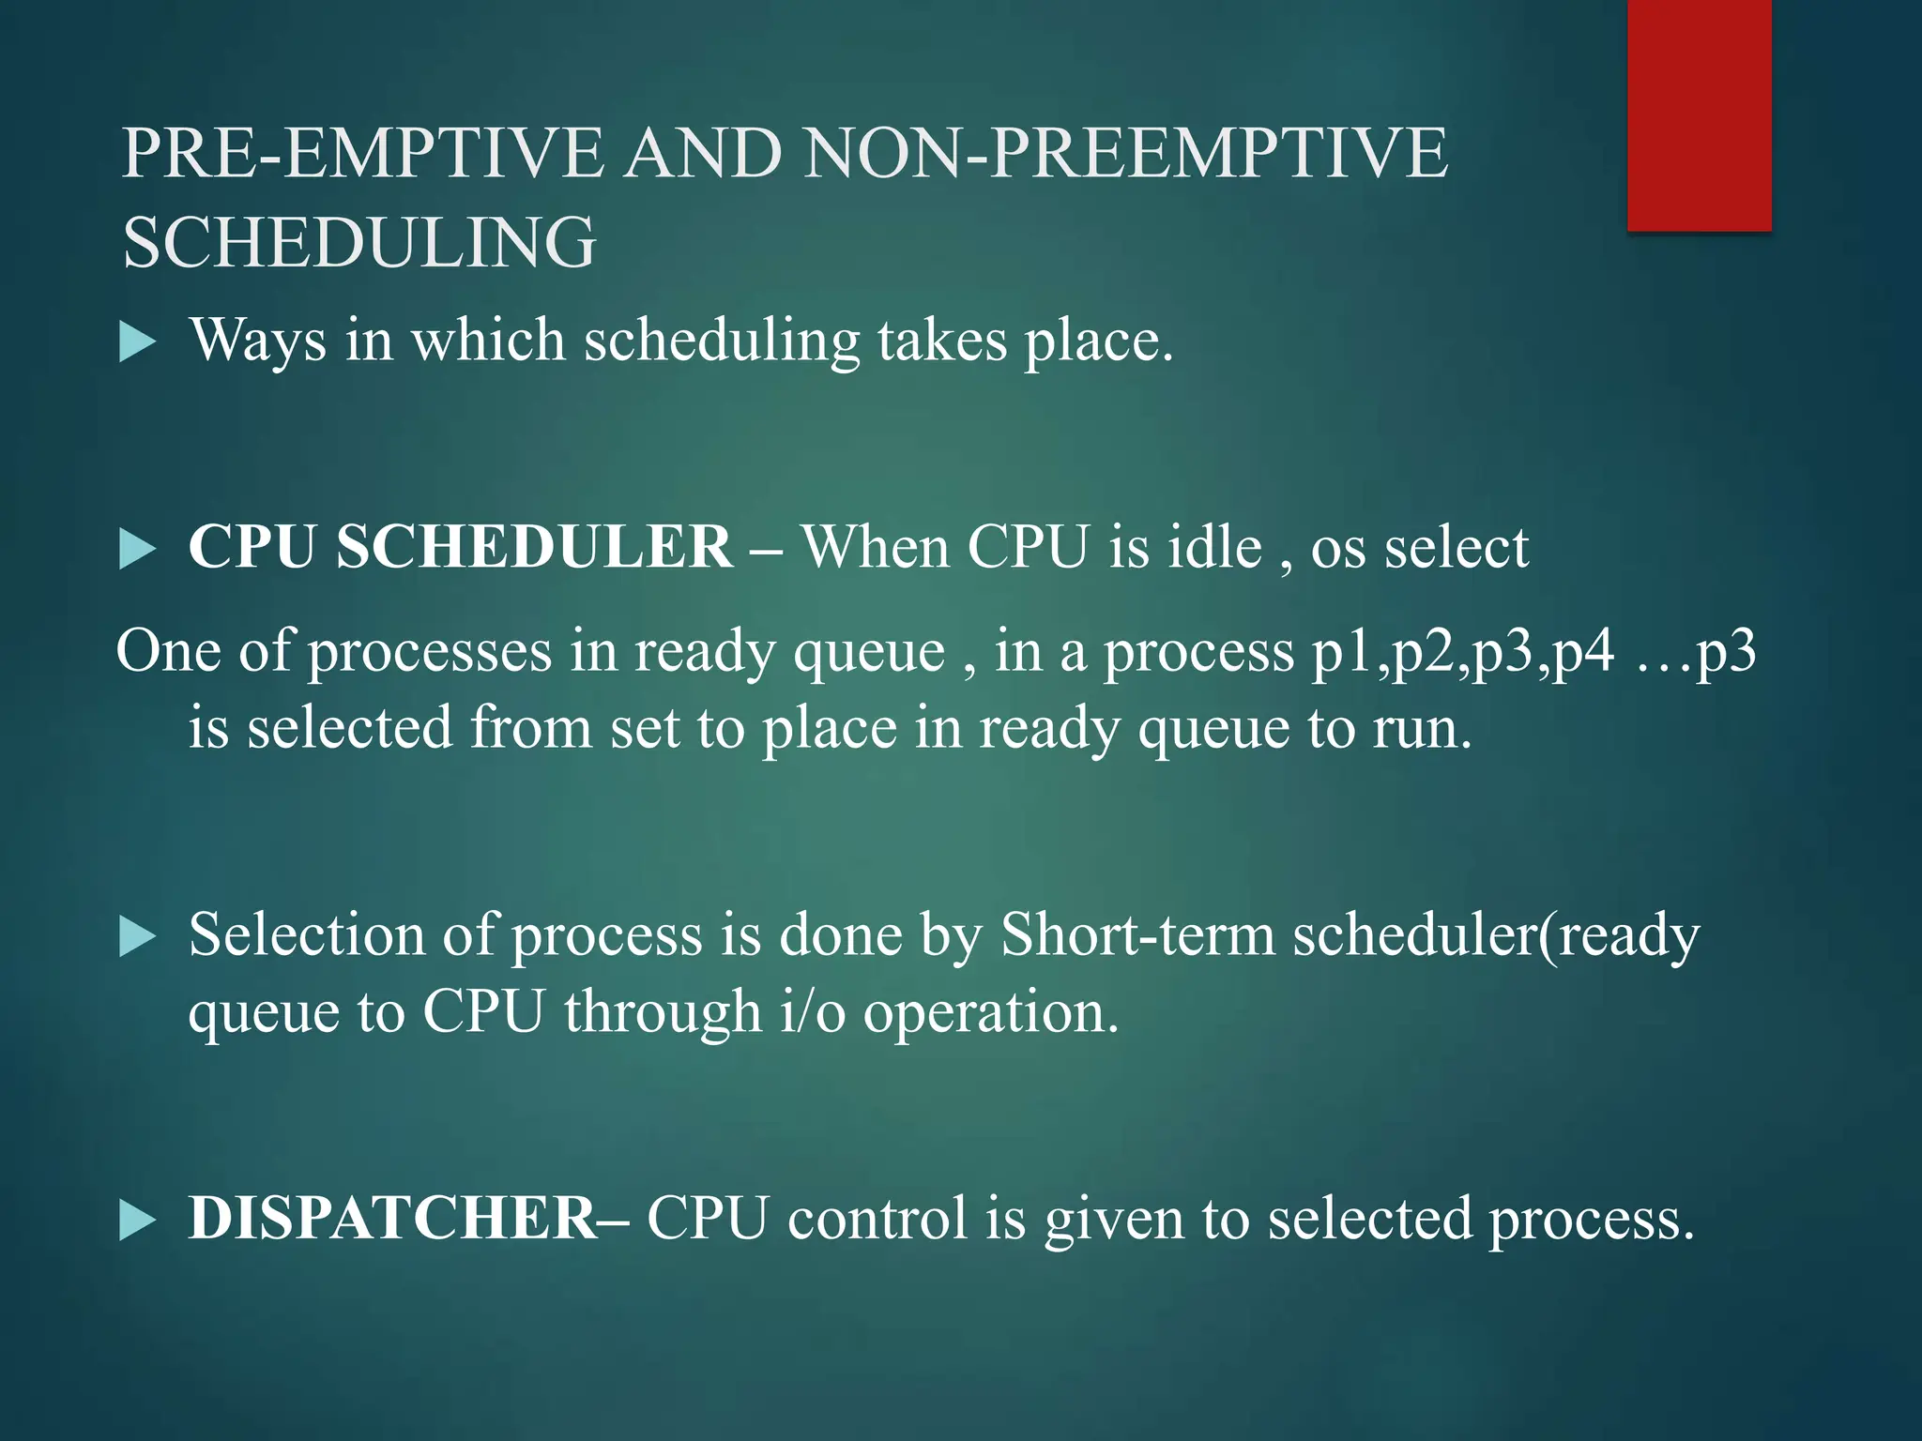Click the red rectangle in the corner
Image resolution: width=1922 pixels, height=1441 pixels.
1699,114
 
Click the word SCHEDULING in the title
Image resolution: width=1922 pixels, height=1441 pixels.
359,242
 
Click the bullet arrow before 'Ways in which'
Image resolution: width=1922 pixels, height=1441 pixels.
137,343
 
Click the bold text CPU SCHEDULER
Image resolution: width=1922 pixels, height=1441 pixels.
460,547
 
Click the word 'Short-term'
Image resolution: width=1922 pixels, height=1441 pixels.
1137,935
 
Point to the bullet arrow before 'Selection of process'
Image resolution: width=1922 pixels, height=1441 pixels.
137,938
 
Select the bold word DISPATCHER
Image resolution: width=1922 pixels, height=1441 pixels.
392,1219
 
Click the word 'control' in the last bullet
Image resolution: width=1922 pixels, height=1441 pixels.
877,1219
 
